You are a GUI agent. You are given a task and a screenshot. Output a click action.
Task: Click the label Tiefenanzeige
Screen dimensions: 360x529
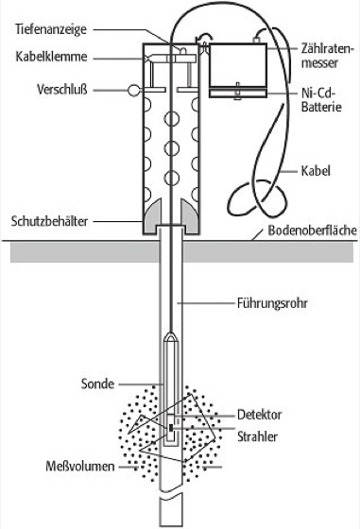[51, 29]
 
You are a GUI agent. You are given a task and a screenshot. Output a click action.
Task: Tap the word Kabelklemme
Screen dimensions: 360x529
[51, 57]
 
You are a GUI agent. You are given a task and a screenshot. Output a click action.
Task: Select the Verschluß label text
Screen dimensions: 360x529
[62, 90]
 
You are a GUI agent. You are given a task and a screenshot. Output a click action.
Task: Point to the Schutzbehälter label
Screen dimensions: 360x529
[49, 221]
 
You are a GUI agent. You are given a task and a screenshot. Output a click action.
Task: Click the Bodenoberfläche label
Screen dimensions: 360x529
[312, 230]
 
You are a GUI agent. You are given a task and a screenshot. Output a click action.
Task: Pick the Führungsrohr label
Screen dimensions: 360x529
[272, 303]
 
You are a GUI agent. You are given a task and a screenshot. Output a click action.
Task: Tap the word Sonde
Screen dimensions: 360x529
[97, 384]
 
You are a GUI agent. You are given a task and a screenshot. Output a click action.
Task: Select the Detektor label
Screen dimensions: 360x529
[259, 415]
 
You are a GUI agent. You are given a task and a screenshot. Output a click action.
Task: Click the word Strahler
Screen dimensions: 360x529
[257, 436]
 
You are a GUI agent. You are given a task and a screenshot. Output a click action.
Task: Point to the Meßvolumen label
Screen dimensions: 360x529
[80, 467]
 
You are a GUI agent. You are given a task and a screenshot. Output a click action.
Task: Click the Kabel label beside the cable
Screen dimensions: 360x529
[316, 171]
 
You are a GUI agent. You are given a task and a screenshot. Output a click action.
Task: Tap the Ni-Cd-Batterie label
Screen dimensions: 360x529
[321, 100]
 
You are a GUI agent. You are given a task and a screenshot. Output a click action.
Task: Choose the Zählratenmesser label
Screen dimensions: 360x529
[327, 56]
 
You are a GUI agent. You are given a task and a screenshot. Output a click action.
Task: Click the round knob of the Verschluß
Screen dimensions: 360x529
[134, 90]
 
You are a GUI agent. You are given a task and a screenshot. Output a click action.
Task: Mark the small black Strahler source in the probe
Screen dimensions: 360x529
[171, 428]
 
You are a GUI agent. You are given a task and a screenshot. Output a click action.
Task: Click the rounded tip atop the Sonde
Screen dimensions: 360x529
[172, 335]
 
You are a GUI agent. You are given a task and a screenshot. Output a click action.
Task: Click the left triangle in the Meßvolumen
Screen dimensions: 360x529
[141, 423]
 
